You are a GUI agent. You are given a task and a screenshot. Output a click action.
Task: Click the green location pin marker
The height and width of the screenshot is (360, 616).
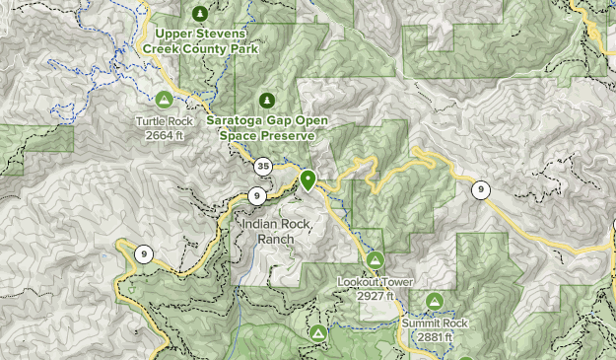308,180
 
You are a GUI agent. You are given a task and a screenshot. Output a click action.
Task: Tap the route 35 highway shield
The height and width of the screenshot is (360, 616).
262,166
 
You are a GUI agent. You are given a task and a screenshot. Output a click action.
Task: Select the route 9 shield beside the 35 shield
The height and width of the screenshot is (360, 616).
255,194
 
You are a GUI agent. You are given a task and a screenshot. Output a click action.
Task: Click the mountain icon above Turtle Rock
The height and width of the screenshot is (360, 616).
165,99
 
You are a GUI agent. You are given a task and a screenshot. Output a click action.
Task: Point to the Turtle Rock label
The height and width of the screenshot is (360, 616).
165,122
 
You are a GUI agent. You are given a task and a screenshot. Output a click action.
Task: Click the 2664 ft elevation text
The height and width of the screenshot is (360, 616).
165,135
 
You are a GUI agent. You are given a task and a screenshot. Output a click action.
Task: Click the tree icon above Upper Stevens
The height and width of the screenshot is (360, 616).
201,13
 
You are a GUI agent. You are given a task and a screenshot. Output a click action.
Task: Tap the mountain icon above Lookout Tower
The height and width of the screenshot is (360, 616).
375,259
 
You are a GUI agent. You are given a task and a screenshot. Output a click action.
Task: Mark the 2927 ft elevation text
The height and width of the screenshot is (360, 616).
375,296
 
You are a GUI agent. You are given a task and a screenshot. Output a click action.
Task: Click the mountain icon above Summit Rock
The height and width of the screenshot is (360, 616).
434,300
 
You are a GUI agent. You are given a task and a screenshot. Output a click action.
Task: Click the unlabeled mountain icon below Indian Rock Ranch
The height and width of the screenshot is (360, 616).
317,334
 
